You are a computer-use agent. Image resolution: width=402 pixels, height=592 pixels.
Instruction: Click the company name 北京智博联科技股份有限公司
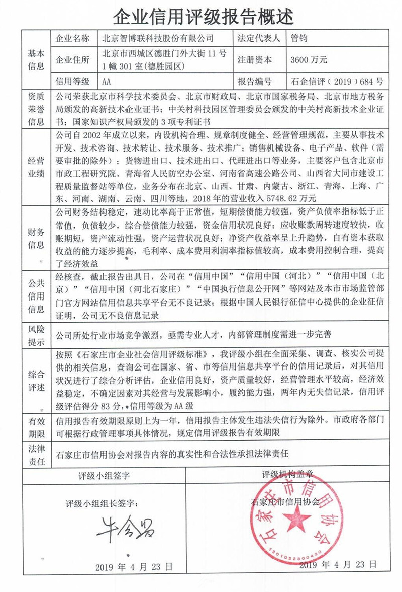click(157, 39)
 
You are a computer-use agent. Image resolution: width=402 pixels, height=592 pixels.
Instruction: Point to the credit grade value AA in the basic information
click(106, 81)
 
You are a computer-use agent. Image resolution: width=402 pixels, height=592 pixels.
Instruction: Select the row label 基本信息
click(37, 59)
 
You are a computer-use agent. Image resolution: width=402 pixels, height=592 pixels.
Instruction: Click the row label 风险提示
click(37, 334)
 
